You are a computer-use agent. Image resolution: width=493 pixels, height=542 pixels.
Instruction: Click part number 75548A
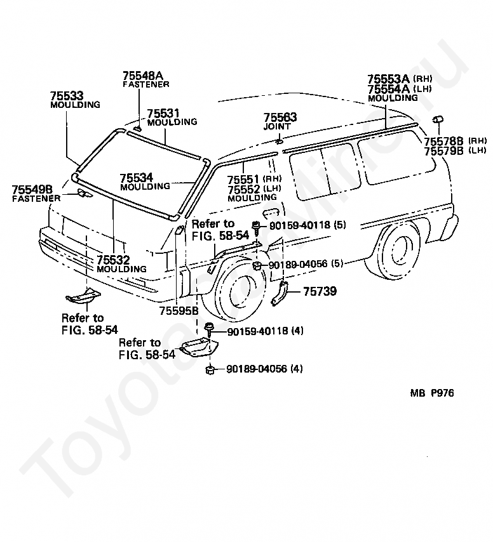click(x=143, y=76)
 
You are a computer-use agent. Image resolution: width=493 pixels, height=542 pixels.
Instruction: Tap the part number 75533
click(x=67, y=96)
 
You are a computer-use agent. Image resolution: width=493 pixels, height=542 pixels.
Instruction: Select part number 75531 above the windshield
click(x=163, y=114)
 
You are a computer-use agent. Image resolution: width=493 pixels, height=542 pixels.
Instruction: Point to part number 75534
click(x=137, y=178)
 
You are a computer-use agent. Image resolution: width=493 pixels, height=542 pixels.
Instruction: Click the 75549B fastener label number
click(x=32, y=190)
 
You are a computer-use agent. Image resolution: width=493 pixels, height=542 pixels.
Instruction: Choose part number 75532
click(x=113, y=260)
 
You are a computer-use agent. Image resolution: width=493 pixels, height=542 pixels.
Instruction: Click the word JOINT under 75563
click(x=277, y=126)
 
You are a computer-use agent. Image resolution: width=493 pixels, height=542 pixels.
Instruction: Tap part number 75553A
click(x=388, y=79)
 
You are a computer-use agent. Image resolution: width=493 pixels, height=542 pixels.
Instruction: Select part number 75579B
click(x=443, y=150)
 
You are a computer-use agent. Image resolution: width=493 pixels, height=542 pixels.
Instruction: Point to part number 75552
click(x=243, y=189)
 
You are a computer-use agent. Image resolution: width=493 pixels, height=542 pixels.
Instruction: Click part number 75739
click(x=320, y=291)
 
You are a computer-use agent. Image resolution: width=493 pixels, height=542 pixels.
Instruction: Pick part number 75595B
click(x=179, y=311)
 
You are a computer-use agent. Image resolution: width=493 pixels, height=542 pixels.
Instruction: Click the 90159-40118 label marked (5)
click(x=307, y=225)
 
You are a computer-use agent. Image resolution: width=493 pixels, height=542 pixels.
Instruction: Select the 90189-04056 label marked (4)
click(x=264, y=369)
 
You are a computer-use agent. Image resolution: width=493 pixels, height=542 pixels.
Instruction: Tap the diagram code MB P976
click(x=432, y=393)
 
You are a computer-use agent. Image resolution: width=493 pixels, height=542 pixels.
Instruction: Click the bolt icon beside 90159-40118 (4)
click(x=208, y=329)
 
